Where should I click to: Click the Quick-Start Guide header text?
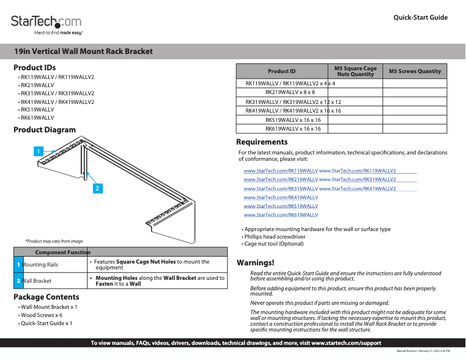(x=420, y=17)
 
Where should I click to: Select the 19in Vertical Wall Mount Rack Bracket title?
(x=83, y=51)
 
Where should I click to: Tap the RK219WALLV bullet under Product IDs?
(x=38, y=85)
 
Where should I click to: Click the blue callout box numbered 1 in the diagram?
(x=38, y=152)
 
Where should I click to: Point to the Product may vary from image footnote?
(x=53, y=241)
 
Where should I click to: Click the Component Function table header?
(x=63, y=252)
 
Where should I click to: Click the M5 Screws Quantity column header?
(x=415, y=71)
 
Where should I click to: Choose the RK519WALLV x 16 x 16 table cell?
(x=293, y=120)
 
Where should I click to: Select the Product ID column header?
(x=281, y=71)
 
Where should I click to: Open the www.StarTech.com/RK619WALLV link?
(x=281, y=215)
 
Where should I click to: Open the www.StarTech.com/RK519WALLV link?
(x=281, y=206)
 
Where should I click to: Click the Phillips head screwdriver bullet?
(x=275, y=237)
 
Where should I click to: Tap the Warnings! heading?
(x=255, y=263)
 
